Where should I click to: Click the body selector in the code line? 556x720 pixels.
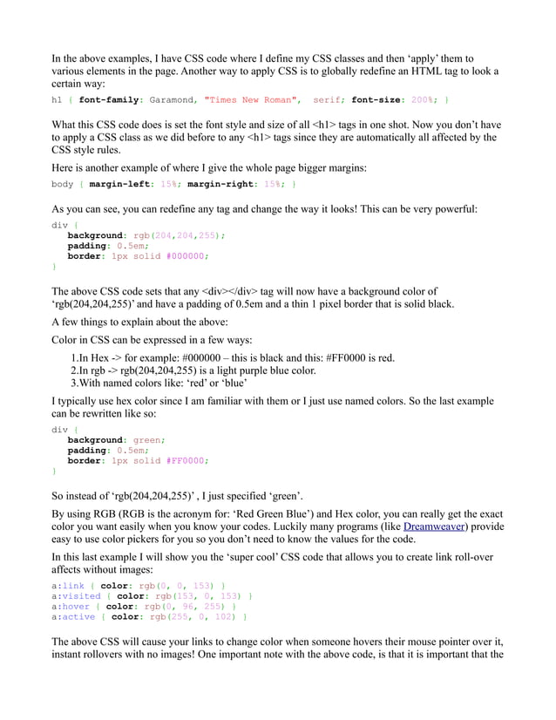pyautogui.click(x=63, y=185)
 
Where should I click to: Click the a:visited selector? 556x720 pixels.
pyautogui.click(x=76, y=596)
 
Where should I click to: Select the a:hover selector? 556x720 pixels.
pyautogui.click(x=71, y=607)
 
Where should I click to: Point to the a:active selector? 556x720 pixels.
pyautogui.click(x=73, y=617)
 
